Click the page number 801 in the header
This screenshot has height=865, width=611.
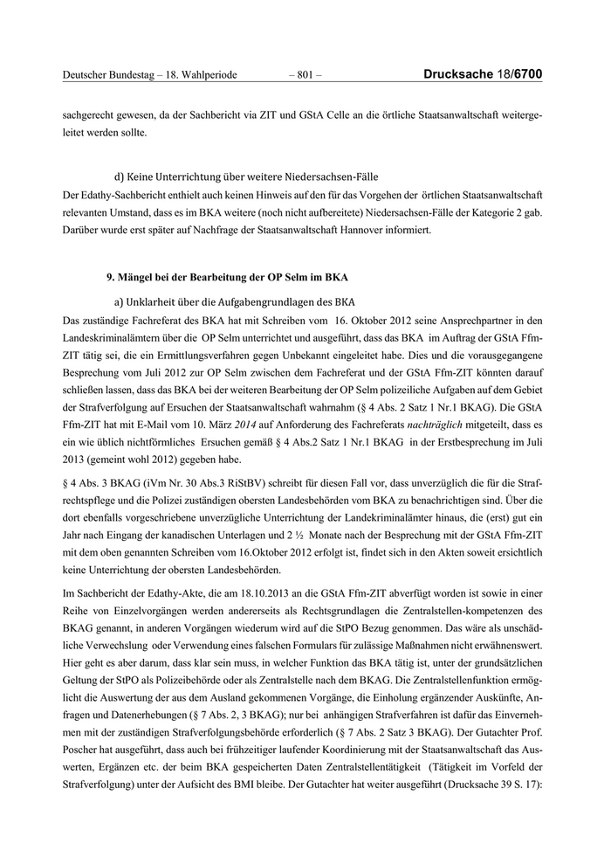305,75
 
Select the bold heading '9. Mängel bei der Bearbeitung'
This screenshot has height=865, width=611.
226,278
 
